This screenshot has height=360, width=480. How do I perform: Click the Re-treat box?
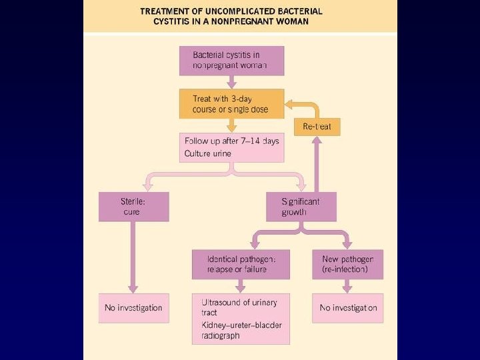point(317,127)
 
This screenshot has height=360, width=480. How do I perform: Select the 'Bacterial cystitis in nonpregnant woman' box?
point(231,61)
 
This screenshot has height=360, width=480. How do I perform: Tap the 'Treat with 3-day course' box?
point(231,103)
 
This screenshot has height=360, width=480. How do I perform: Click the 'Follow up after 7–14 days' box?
point(231,147)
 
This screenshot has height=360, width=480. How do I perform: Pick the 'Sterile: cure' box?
point(133,207)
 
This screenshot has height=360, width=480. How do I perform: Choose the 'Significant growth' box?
point(301,207)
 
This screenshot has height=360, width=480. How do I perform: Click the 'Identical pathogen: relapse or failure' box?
point(241,264)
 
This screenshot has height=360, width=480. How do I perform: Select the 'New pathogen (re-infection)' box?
point(347,264)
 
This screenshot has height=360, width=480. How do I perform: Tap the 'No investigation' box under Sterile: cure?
point(133,308)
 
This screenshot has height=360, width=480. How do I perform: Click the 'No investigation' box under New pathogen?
point(347,308)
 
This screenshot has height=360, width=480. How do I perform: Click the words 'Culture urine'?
point(207,154)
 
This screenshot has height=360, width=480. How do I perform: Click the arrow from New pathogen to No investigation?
point(347,286)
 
